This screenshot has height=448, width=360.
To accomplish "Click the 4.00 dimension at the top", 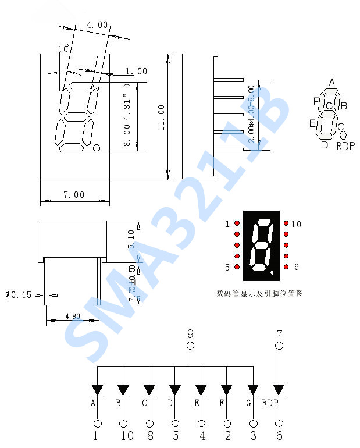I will click(97, 24).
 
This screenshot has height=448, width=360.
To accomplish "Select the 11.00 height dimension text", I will click(161, 116).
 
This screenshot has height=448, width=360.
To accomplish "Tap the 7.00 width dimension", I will click(74, 195).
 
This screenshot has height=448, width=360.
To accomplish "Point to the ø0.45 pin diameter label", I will click(18, 295).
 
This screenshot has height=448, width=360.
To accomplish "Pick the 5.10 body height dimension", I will click(131, 239).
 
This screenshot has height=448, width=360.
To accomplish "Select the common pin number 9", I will click(190, 334).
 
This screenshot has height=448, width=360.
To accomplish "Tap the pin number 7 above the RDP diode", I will click(279, 334).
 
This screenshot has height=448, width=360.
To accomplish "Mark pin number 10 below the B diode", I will click(123, 435).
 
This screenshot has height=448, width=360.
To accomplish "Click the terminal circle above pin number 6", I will click(279, 424).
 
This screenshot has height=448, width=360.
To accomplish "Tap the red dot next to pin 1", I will click(237, 223).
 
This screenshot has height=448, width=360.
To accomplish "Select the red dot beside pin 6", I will click(286, 267).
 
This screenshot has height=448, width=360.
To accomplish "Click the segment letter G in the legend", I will click(329, 106).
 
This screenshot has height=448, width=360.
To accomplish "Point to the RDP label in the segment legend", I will click(345, 146).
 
